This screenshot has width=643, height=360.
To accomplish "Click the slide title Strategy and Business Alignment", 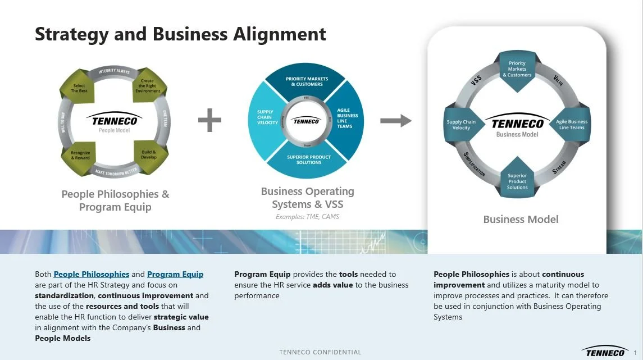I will [180, 34].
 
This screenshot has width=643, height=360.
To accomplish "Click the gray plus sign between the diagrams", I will [210, 120].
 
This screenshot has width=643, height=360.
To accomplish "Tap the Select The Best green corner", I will [79, 87].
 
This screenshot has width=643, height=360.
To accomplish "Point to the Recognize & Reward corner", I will [80, 154].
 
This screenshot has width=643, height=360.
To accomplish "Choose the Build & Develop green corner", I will [148, 154].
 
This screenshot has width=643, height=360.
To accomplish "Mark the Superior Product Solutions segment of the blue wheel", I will [309, 160].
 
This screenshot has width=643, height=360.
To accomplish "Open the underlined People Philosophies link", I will [92, 275].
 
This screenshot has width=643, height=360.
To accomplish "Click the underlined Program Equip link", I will [175, 275].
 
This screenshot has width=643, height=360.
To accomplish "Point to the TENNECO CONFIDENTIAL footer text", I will [321, 352].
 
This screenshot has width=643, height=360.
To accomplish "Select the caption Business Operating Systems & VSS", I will [307, 198].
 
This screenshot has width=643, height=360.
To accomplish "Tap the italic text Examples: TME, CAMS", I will [307, 217].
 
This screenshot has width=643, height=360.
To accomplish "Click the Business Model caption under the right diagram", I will [521, 219].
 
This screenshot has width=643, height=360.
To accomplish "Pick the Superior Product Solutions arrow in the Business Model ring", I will [517, 180].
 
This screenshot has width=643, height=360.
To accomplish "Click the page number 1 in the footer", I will [635, 352].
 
